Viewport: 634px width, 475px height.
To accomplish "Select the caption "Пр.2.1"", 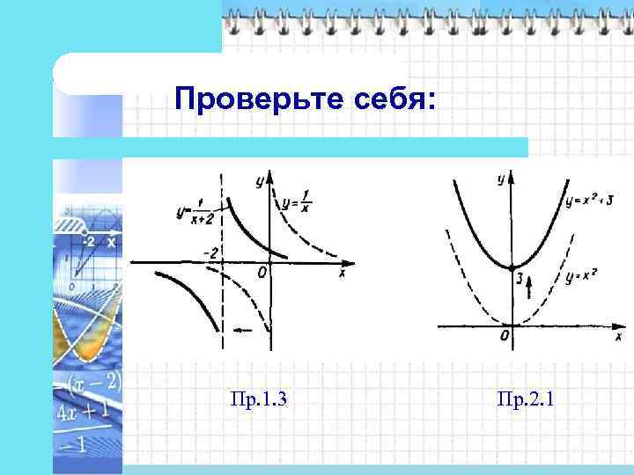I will coord(525,401).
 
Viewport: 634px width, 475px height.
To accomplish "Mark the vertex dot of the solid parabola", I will coord(512,267).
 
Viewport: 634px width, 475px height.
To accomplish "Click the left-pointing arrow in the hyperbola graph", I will coord(248,330).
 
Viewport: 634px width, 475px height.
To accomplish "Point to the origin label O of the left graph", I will coord(262,274).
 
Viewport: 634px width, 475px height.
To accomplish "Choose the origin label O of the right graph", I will coord(504,336).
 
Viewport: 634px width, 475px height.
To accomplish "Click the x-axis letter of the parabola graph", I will coord(618,336).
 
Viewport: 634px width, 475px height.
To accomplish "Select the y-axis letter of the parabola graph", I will coord(500,179).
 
